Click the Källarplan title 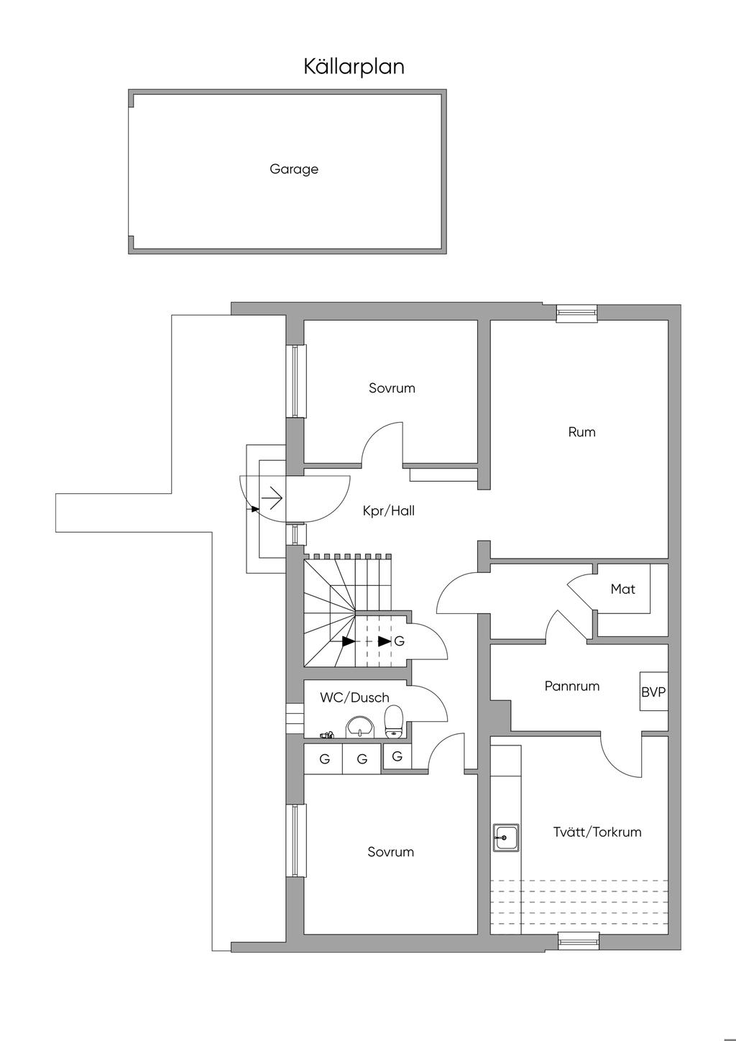[x=354, y=67]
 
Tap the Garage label [x=294, y=170]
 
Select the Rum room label [x=581, y=432]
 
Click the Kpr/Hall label [x=389, y=511]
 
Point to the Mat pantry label [x=622, y=590]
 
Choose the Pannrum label [x=571, y=686]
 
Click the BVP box [x=653, y=692]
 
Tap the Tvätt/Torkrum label [x=597, y=832]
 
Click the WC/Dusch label [x=354, y=697]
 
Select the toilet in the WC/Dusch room [x=393, y=721]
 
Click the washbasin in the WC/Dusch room [x=359, y=727]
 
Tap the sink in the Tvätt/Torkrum [x=506, y=837]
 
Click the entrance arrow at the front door [x=272, y=496]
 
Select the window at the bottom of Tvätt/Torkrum [x=579, y=940]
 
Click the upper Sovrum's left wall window [x=295, y=381]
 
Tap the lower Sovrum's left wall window [x=295, y=840]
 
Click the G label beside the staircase [x=400, y=641]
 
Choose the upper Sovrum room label [x=392, y=388]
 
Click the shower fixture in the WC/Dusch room [x=327, y=735]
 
